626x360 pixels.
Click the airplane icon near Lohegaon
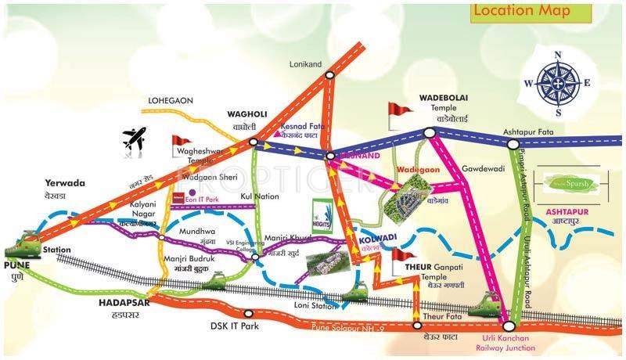tap(135, 139)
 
